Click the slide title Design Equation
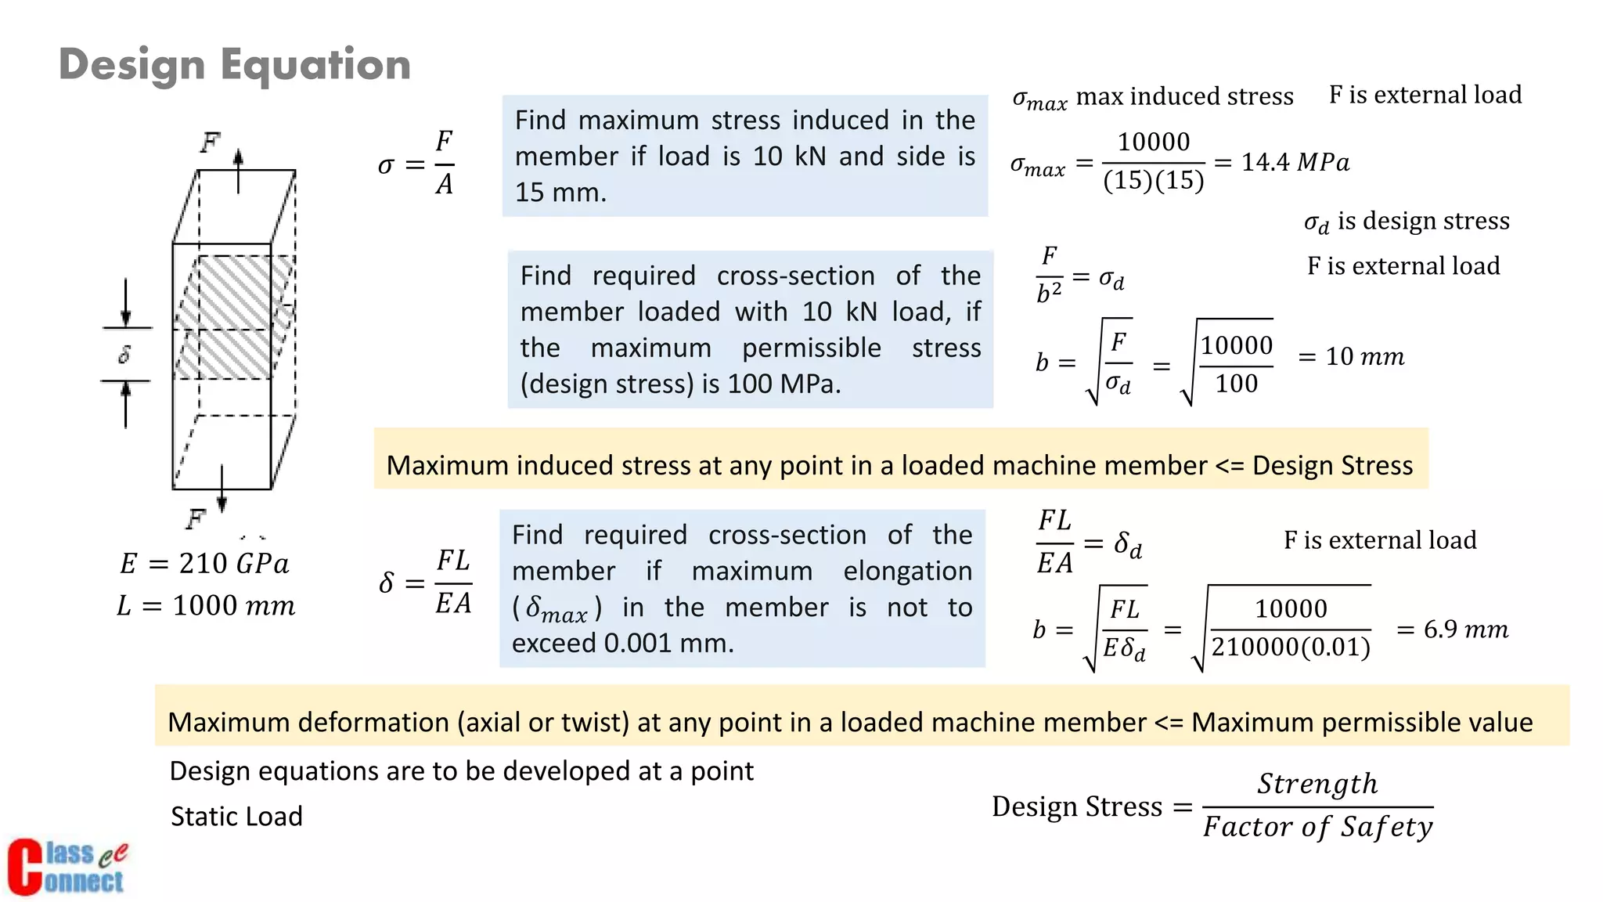click(235, 64)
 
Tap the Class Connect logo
click(67, 867)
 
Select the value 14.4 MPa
click(1295, 162)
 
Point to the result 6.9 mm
click(1465, 630)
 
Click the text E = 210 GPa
click(204, 564)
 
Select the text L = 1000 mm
click(206, 606)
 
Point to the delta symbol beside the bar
click(124, 355)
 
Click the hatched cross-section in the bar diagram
click(233, 316)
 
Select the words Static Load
click(236, 817)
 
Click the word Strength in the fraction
click(1317, 784)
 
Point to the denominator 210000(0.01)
click(1291, 648)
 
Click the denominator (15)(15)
click(1153, 181)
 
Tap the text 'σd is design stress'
click(1407, 222)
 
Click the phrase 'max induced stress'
click(1185, 96)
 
